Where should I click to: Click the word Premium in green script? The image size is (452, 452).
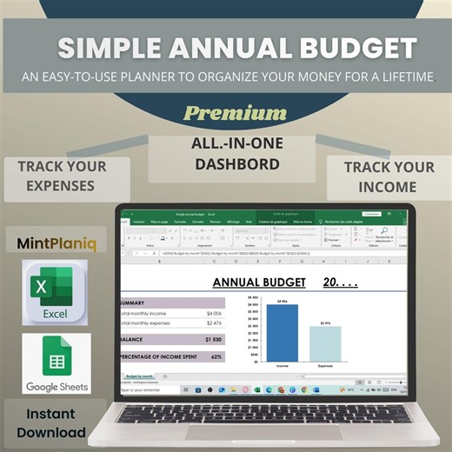coord(235,113)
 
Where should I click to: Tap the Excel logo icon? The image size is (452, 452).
coord(55,292)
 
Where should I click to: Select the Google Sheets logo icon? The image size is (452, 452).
coord(56,363)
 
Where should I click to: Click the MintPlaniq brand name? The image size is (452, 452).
coord(56,244)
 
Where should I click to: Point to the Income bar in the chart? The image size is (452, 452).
coord(282,332)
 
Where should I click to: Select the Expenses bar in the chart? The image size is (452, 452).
coord(325,343)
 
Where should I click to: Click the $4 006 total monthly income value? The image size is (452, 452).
coord(215,313)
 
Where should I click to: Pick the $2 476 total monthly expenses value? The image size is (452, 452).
coord(215,323)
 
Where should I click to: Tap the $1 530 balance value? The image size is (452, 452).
coord(213,339)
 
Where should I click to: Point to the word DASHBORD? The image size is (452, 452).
coord(225,163)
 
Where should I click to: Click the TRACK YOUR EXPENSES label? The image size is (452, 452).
coord(62,175)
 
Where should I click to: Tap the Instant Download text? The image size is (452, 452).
coord(56,423)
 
